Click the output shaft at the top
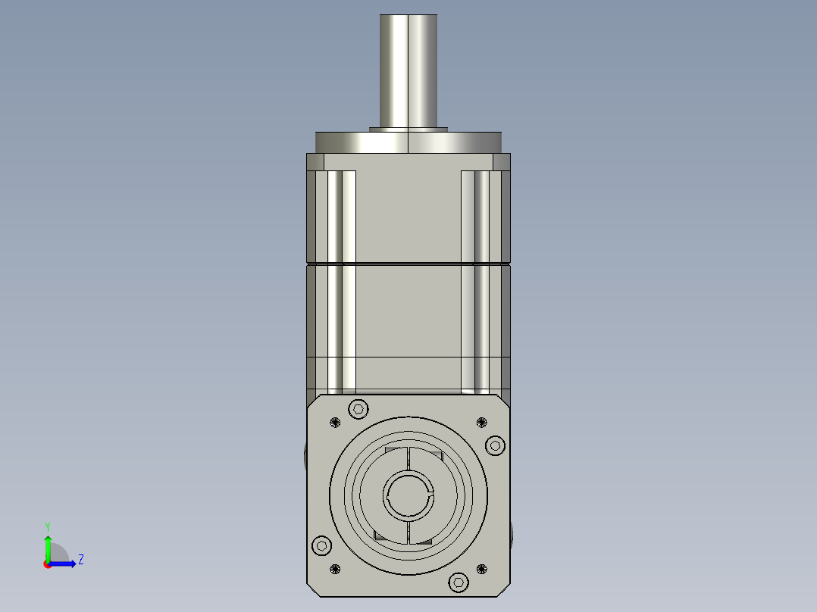[409, 72]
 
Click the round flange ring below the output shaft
[409, 142]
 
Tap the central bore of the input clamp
[409, 495]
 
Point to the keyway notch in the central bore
[430, 495]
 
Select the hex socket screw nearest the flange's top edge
[358, 409]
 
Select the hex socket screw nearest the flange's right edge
[494, 445]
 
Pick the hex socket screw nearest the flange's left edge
[322, 545]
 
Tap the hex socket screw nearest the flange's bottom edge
[459, 582]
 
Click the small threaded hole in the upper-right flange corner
[481, 422]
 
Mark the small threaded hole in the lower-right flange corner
[481, 569]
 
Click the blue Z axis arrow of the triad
[65, 564]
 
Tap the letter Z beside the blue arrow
[80, 560]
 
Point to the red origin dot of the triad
[48, 564]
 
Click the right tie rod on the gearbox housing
[475, 280]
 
